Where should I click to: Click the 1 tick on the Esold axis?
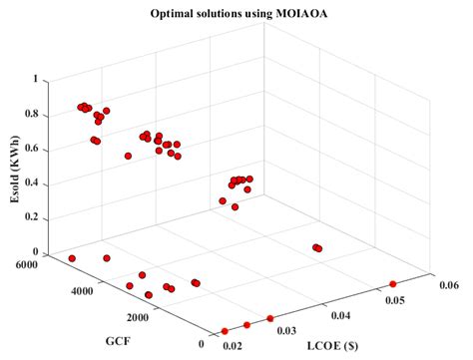coord(38,79)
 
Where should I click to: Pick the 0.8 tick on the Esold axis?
coord(32,114)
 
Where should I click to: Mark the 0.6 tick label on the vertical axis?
coord(32,149)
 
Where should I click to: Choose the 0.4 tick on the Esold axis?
coord(32,183)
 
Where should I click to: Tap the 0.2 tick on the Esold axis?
coord(32,218)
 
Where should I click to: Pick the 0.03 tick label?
coord(288,328)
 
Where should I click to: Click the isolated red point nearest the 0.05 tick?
coord(392,283)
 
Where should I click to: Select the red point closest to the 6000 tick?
coord(72,258)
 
